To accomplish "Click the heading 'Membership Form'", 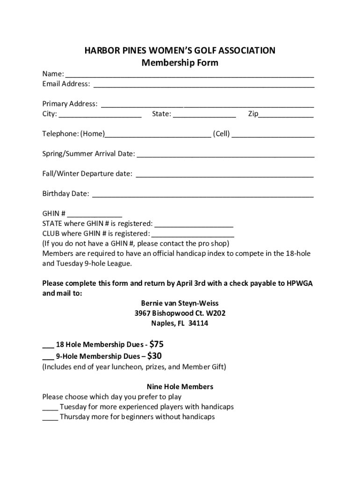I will pos(180,63).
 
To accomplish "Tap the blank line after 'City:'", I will pos(100,115).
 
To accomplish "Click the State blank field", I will pos(204,115).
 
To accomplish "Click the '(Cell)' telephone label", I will pos(221,134).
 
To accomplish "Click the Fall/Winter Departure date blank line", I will pos(224,174).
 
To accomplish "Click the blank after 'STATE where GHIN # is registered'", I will pos(194,225).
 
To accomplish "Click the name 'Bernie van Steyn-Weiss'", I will pos(180,303).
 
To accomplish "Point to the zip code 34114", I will pos(198,323).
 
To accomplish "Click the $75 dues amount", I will pos(156,344).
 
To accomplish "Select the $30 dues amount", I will pos(154,356).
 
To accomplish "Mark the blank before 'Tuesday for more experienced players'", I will pos(50,407).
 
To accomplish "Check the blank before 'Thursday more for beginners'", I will pos(50,417).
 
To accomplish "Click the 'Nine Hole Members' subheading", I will pos(180,387).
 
